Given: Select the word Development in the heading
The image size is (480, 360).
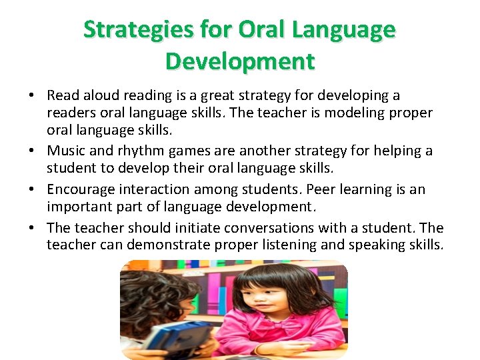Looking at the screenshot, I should [x=240, y=61].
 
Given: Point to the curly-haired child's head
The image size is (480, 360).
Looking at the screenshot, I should [x=157, y=293].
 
